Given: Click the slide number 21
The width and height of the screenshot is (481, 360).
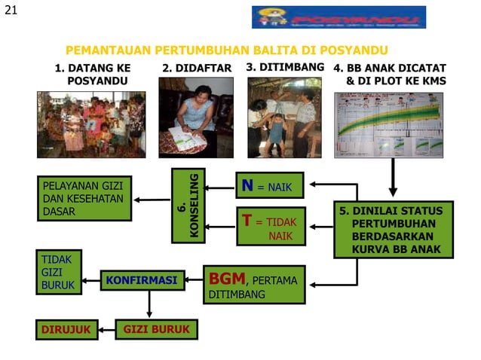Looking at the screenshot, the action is (x=10, y=10).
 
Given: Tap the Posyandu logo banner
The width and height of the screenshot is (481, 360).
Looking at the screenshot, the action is (x=339, y=17).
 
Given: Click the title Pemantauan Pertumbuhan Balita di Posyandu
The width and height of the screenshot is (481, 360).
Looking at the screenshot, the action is (x=221, y=50).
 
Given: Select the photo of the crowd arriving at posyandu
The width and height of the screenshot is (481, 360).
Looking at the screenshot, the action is (x=91, y=124).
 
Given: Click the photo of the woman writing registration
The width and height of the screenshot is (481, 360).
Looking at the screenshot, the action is (x=195, y=117).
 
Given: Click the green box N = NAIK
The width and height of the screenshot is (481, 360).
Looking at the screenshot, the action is (x=270, y=185).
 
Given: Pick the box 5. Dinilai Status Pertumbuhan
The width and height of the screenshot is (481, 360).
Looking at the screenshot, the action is (x=393, y=229).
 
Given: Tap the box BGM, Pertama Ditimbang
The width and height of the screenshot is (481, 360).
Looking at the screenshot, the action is (x=254, y=284).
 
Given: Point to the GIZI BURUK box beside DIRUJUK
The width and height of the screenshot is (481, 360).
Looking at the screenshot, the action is (x=156, y=329).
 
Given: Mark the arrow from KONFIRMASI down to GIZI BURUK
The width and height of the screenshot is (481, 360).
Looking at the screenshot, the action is (x=149, y=304).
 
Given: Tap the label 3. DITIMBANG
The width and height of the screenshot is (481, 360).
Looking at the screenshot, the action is (x=285, y=67).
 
